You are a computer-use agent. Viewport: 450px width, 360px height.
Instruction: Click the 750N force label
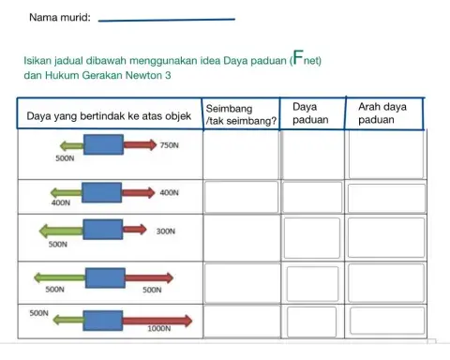(x=170, y=147)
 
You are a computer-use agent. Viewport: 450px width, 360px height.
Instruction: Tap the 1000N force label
(x=158, y=329)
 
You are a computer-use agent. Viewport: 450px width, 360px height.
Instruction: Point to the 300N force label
(x=167, y=231)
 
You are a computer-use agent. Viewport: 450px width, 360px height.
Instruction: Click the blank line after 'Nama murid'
(x=167, y=18)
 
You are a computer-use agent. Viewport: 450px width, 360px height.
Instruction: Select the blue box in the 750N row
(x=102, y=146)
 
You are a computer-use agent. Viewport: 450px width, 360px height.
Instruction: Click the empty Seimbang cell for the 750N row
(x=241, y=154)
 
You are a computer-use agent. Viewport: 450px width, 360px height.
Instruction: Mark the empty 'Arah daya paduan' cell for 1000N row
(x=385, y=322)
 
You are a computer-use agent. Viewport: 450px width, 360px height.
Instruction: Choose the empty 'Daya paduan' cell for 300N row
(x=313, y=239)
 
